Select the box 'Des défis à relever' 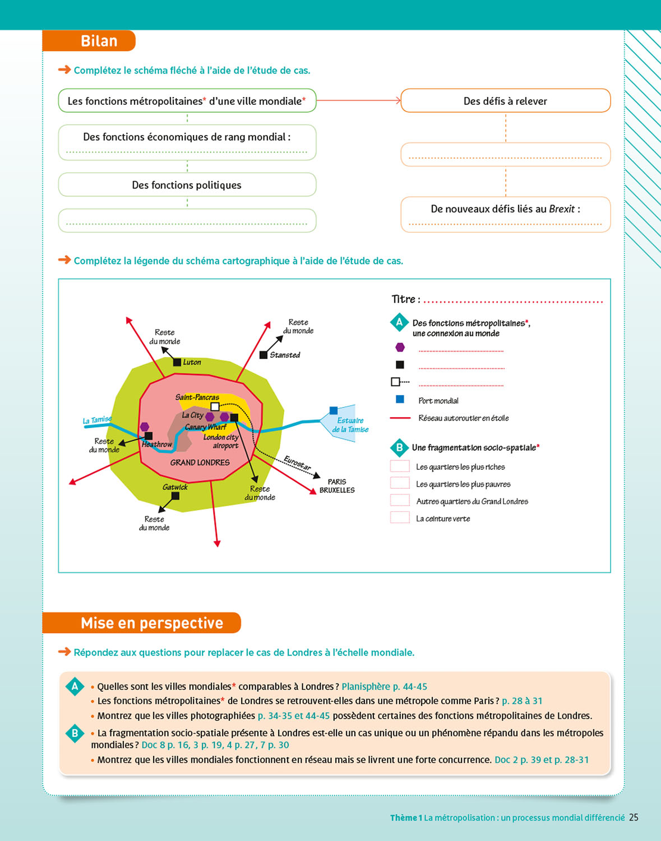pos(505,101)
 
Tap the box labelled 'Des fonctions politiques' pos(187,185)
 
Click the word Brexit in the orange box pos(562,209)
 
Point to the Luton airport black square pos(177,362)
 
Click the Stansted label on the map pos(285,355)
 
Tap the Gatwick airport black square pos(175,496)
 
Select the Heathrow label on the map pos(157,444)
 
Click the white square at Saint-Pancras pos(215,406)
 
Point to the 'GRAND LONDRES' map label pos(200,463)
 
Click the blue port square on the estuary pos(334,410)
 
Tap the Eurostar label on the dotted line pos(297,463)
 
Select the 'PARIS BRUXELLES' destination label pos(337,486)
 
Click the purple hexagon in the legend pos(400,348)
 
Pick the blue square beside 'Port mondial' pos(400,400)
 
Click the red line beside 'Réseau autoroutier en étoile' pos(400,418)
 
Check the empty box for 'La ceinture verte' pos(400,518)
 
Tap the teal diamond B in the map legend pos(399,448)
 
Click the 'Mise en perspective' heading pos(151,623)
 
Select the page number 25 pos(634,817)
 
